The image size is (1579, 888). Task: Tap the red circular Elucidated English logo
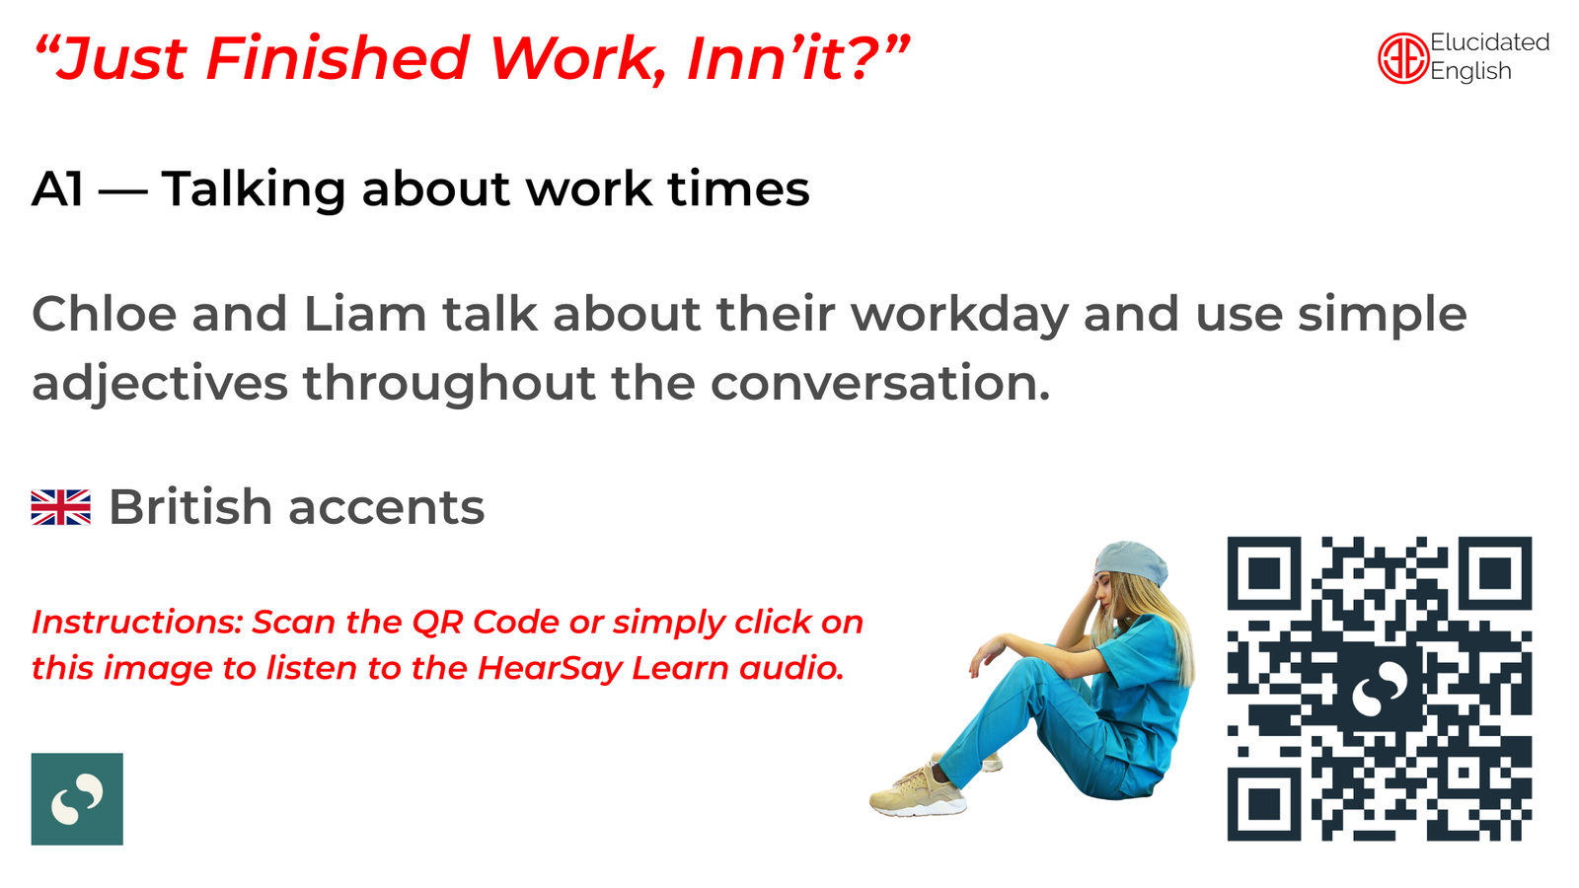1402,58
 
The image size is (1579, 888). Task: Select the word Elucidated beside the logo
1489,42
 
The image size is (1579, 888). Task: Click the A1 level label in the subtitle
57,188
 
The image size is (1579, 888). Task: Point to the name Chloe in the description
105,314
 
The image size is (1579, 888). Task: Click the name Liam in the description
365,314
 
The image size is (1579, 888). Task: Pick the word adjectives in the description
160,384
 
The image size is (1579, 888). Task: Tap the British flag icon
60,507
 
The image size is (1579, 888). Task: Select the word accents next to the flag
387,507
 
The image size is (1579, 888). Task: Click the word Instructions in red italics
137,623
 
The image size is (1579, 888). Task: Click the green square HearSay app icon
77,798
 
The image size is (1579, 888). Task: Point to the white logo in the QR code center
1380,690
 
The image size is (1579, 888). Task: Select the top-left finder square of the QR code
1264,573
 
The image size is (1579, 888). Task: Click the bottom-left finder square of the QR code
1264,804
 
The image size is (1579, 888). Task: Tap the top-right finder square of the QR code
1495,573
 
